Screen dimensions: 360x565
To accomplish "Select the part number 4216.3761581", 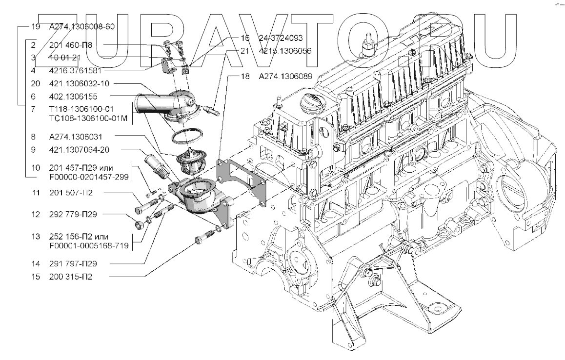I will [x=76, y=71].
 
